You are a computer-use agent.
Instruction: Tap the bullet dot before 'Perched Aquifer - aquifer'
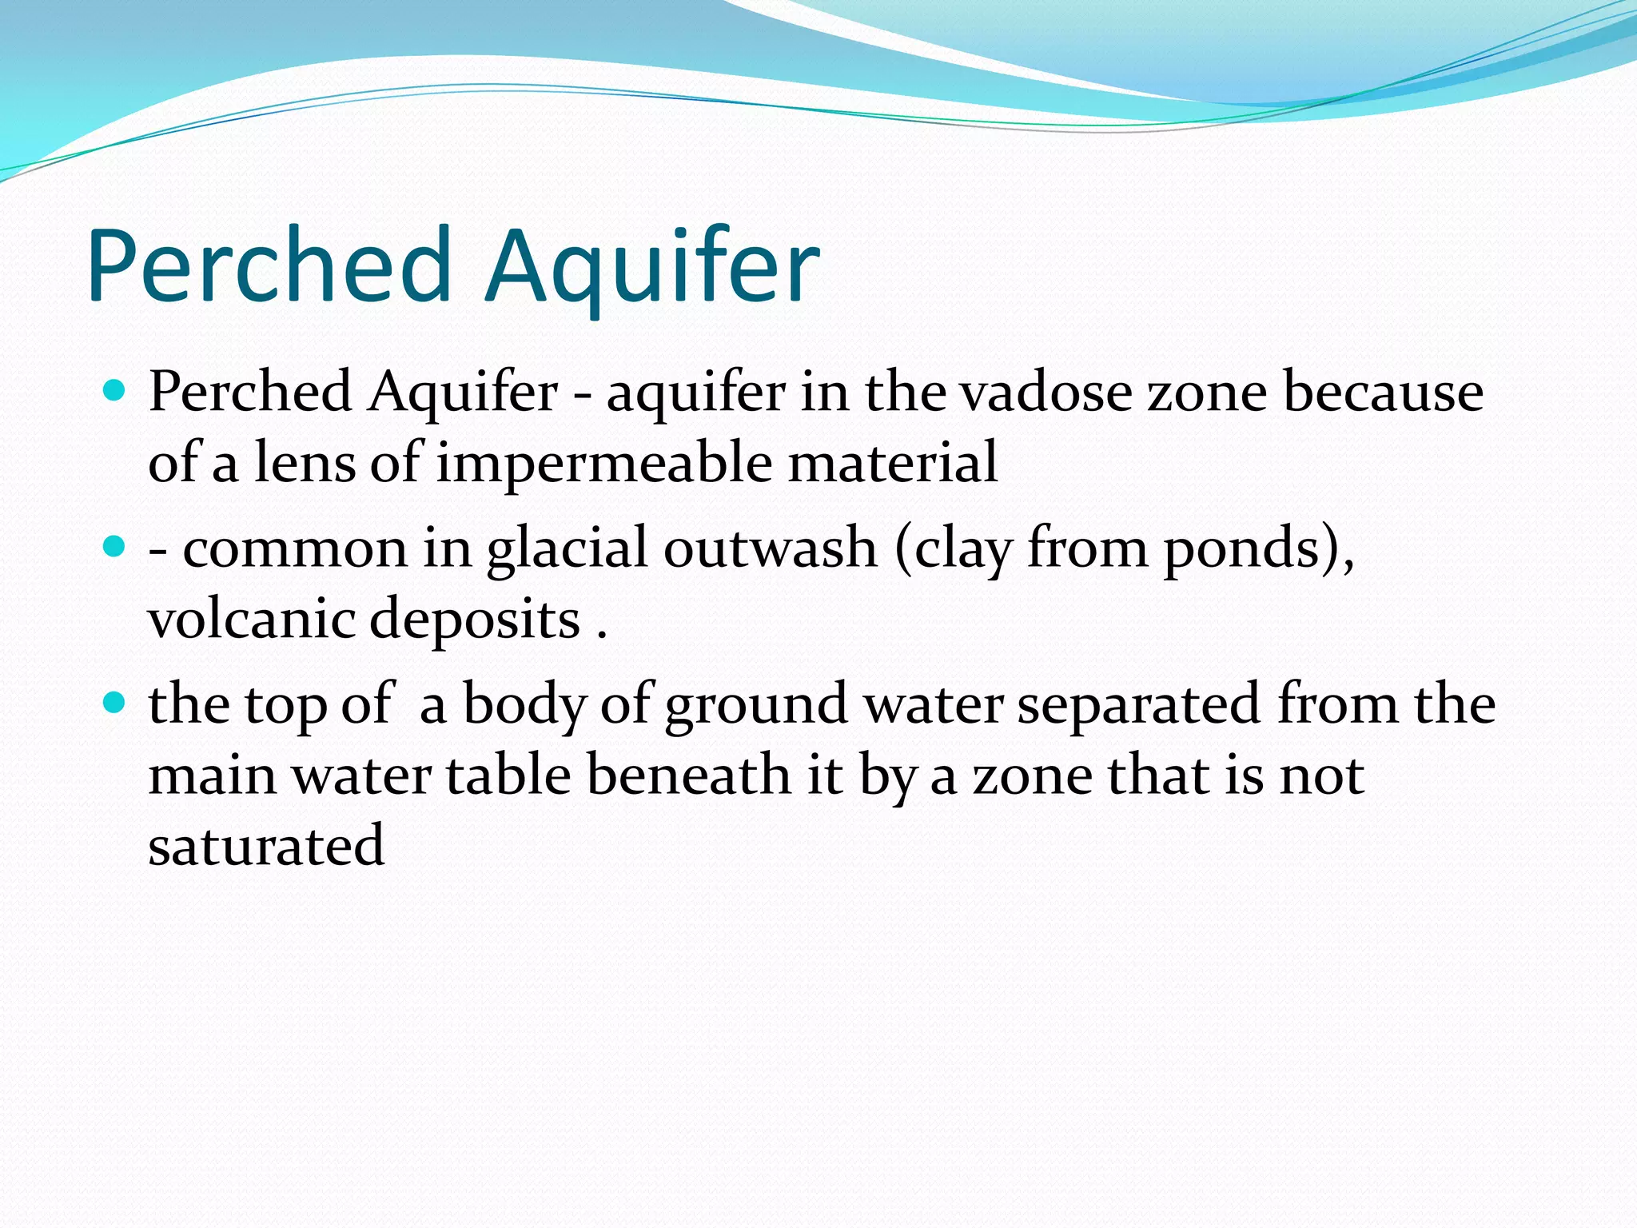(x=115, y=391)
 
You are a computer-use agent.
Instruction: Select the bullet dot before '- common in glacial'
(x=115, y=548)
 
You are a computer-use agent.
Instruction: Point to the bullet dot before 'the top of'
(x=115, y=704)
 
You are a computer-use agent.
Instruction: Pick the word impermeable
(x=603, y=462)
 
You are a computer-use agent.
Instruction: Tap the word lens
(x=305, y=462)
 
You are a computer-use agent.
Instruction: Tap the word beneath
(x=688, y=775)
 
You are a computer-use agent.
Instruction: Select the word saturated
(x=266, y=845)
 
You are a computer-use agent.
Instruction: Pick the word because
(x=1383, y=393)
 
